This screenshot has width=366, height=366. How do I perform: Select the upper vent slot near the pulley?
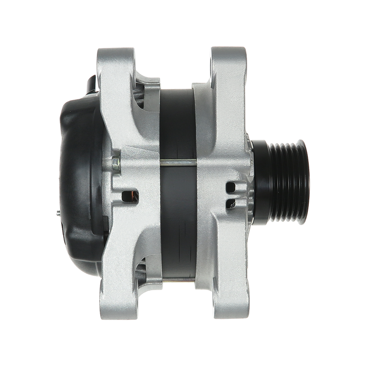click(232, 186)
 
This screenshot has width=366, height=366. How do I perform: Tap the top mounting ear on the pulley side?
click(227, 62)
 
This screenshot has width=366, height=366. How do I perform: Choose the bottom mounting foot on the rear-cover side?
click(117, 304)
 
